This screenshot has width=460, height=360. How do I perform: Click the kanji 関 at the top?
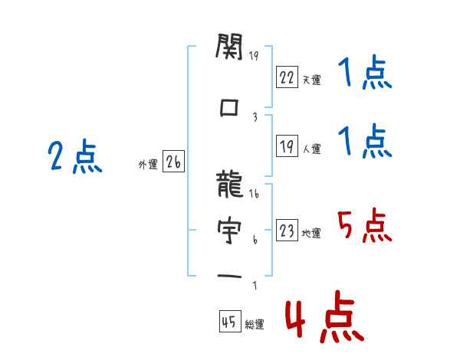(229, 46)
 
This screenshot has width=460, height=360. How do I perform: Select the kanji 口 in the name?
(228, 107)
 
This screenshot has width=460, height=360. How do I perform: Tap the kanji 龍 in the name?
(230, 184)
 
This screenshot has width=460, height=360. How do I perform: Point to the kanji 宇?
(229, 230)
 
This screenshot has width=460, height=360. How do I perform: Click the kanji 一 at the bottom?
(229, 277)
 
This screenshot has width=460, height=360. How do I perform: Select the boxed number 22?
(287, 77)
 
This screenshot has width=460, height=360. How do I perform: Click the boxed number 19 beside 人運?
(287, 146)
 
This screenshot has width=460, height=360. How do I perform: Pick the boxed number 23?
(287, 230)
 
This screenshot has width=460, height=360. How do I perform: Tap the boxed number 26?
(173, 161)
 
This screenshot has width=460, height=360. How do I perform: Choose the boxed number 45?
(230, 321)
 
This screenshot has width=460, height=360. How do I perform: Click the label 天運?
(311, 80)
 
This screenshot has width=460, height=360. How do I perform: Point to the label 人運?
(311, 149)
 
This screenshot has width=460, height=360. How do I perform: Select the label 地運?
(311, 233)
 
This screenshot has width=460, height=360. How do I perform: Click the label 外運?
(148, 165)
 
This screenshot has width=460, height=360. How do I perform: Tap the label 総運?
(255, 324)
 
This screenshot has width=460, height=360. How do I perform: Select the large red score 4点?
(325, 316)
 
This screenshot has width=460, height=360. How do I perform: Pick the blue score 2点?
(75, 156)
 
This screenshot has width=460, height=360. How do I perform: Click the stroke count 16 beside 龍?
(254, 194)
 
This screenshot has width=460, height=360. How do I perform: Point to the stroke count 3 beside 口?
(255, 117)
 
